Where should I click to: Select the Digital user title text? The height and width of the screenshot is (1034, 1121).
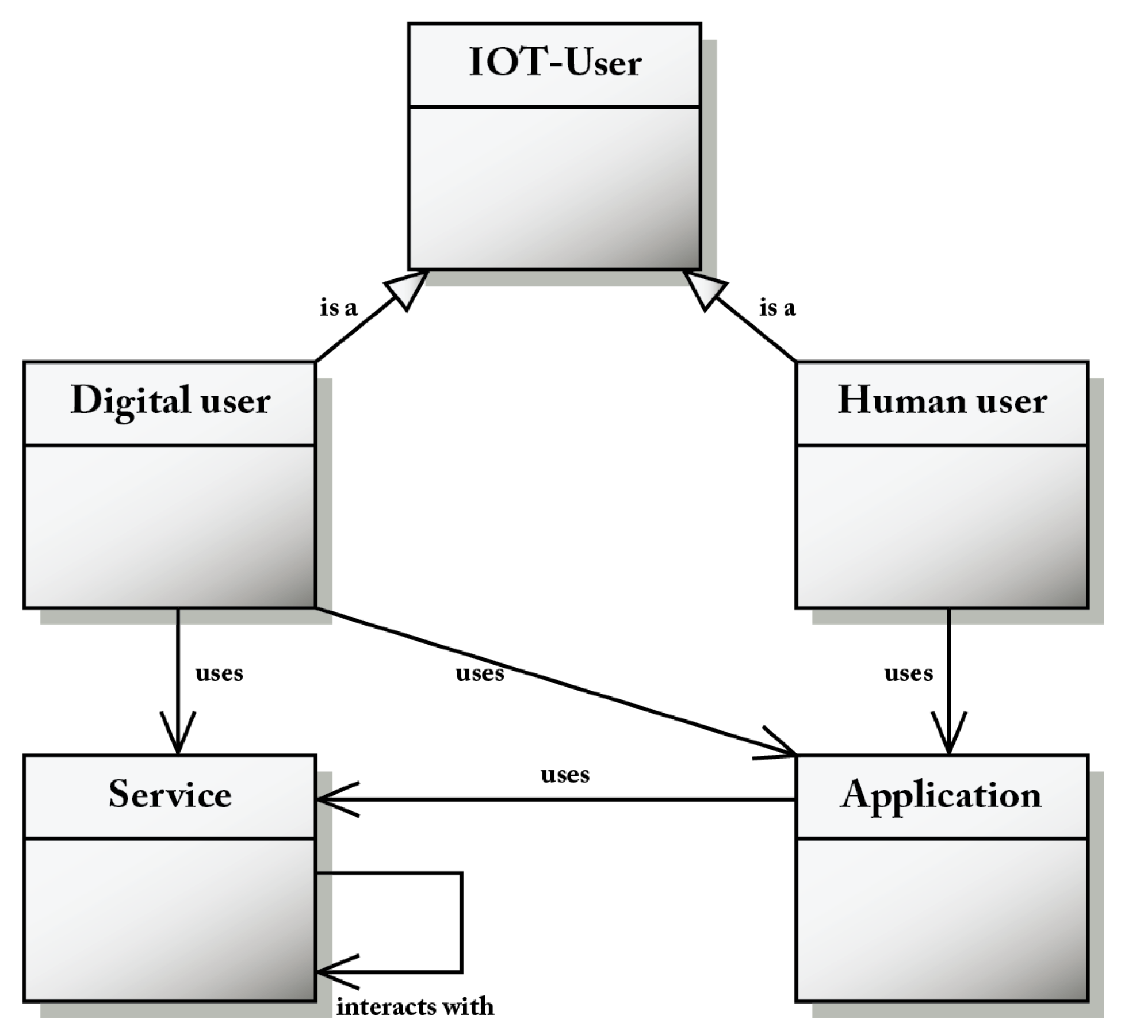click(170, 401)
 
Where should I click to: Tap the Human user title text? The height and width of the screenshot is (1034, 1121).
click(942, 401)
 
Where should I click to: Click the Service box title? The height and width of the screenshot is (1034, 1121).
click(170, 794)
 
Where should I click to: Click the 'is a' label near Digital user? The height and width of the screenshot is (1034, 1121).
click(339, 308)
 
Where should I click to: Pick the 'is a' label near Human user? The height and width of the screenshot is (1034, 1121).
click(777, 308)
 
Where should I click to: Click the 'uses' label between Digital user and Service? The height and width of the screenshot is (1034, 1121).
click(219, 673)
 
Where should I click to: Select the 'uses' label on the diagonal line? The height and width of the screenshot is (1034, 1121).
click(480, 673)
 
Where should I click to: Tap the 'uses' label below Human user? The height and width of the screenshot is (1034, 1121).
click(908, 673)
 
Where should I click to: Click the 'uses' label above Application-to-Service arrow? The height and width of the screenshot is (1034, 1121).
click(565, 775)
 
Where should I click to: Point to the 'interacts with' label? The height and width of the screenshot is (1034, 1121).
click(415, 1006)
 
